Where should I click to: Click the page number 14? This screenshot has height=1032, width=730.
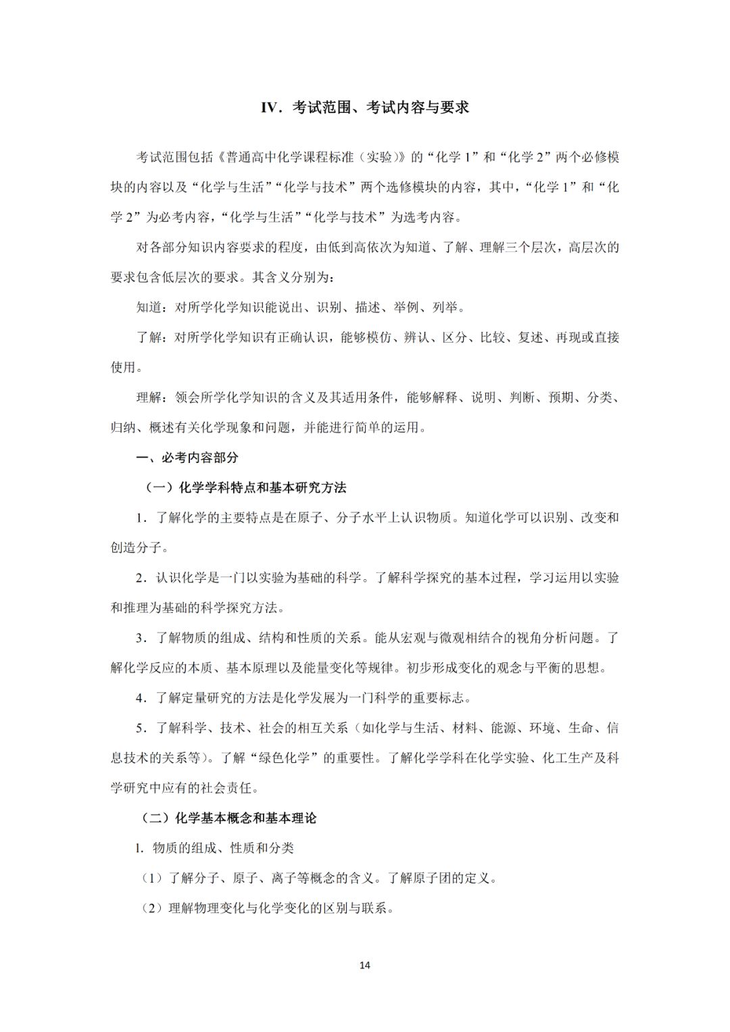coord(365,965)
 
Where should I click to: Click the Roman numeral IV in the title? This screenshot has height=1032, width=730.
coord(270,108)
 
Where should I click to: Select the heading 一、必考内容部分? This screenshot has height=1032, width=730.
coord(187,458)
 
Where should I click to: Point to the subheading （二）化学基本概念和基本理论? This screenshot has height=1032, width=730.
coord(228,818)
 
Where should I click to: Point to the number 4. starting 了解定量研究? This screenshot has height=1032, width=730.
coord(141,698)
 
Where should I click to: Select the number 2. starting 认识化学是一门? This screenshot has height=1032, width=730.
coord(141,578)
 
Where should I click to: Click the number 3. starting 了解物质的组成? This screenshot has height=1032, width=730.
coord(141,638)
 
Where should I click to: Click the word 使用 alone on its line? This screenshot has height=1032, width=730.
coord(124,367)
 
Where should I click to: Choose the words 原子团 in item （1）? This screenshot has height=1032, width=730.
coord(443,878)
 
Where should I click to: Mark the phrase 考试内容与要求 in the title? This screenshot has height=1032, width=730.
coord(418,108)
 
